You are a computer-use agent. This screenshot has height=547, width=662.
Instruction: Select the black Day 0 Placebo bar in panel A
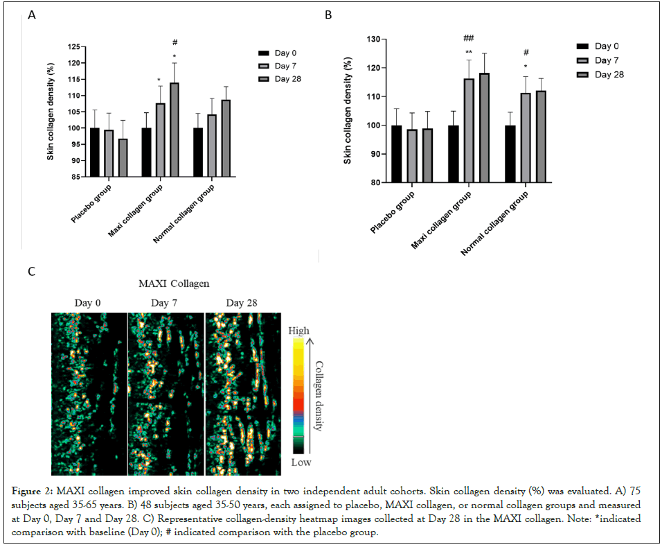pos(95,152)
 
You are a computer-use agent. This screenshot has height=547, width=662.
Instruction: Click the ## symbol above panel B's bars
pos(469,39)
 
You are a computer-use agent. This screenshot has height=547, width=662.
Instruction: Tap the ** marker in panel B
pos(469,52)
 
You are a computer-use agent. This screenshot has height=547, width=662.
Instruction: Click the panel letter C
pos(31,271)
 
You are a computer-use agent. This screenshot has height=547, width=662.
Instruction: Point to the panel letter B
pos(328,15)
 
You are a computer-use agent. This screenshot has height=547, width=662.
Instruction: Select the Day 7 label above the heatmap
pos(165,303)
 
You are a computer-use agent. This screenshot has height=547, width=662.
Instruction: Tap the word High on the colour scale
pos(299,331)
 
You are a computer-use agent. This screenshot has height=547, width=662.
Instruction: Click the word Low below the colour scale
pos(298,460)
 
